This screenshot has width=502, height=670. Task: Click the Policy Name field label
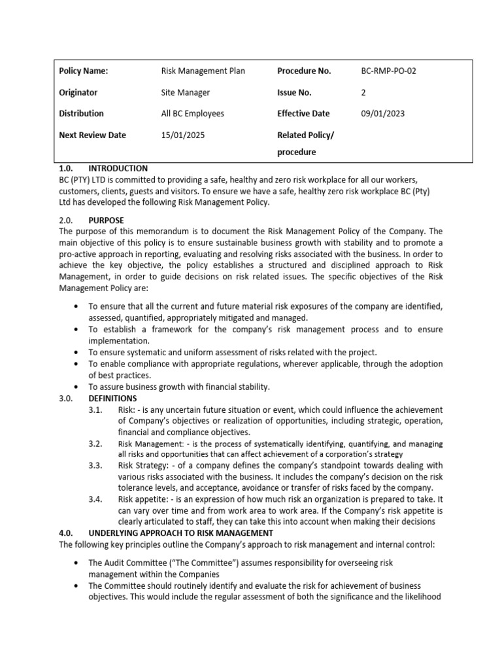tap(83, 71)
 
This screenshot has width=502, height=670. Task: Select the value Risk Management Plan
tap(203, 71)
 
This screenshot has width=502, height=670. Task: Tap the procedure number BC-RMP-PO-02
tap(388, 71)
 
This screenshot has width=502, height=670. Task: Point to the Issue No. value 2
tap(363, 93)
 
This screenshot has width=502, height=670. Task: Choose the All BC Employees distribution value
tap(192, 114)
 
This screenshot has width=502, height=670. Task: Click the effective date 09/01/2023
tap(382, 114)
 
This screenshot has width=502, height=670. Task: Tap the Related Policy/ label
tap(305, 135)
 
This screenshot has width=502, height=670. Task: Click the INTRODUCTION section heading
tap(118, 169)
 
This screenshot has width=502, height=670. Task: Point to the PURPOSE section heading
tap(106, 220)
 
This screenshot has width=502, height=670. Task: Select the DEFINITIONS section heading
tap(112, 398)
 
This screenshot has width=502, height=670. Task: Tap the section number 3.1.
tap(96, 410)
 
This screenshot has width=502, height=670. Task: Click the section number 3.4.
tap(96, 500)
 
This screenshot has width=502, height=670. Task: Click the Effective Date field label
tap(303, 114)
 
